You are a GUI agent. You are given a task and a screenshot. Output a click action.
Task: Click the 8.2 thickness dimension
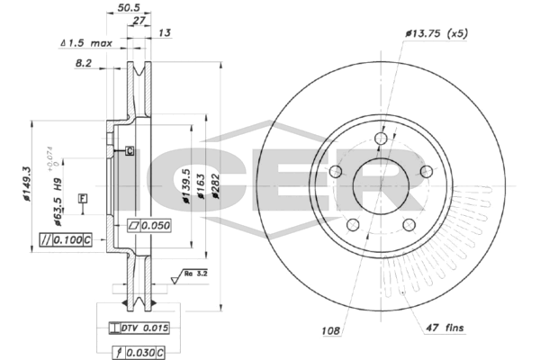[82, 64]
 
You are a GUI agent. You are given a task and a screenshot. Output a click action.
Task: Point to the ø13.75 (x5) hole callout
[436, 33]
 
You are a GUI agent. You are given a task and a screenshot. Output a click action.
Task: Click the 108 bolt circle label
[329, 330]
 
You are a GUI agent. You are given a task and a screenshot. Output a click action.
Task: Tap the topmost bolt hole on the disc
[380, 138]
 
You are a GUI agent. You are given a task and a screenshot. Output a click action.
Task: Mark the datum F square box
[83, 197]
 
